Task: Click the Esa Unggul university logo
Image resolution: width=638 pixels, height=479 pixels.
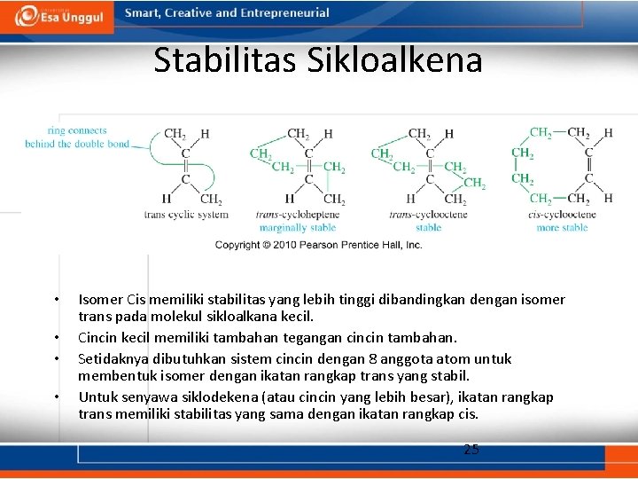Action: (x=60, y=15)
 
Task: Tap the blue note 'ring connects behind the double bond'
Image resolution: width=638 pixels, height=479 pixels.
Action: (x=77, y=137)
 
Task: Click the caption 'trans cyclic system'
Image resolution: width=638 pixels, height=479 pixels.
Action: (x=186, y=215)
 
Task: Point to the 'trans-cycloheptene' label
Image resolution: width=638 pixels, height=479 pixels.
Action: (x=297, y=215)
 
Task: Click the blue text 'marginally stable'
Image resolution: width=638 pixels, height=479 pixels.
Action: (x=297, y=228)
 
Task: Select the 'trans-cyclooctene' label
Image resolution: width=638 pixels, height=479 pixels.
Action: (x=428, y=215)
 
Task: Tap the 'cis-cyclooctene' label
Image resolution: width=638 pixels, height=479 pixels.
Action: (x=562, y=215)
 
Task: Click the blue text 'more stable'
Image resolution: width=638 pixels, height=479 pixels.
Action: (x=562, y=228)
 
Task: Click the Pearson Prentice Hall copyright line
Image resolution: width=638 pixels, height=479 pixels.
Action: (x=319, y=245)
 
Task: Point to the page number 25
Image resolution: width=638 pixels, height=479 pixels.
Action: (x=471, y=450)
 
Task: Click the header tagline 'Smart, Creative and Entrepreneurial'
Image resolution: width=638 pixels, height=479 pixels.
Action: (x=227, y=13)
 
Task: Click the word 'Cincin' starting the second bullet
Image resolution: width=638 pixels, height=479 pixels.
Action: (x=98, y=338)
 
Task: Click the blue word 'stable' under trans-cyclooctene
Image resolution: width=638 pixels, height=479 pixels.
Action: (x=428, y=228)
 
